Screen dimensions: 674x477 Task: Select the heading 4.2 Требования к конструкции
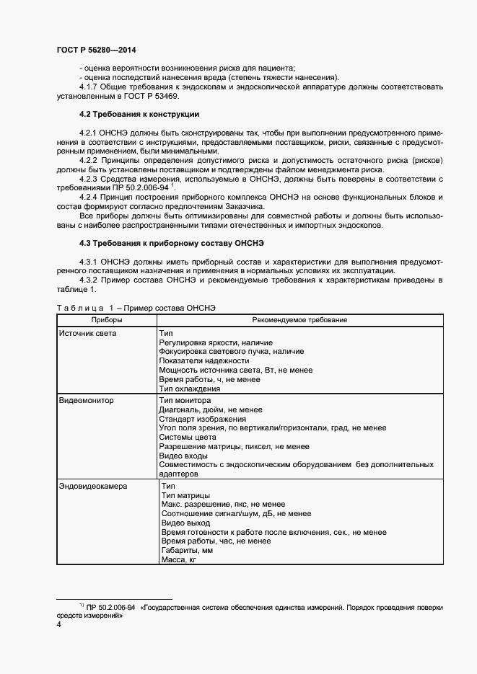tap(139, 115)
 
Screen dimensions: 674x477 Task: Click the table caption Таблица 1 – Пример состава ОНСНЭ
tap(136, 308)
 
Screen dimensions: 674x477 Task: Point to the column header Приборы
tap(107, 319)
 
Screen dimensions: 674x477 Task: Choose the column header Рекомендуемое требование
tap(299, 319)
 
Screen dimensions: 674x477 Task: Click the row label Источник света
tap(87, 334)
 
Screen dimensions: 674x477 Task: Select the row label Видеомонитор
tap(86, 400)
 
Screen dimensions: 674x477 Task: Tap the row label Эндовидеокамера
tap(92, 487)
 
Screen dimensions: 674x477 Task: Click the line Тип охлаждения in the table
tap(189, 389)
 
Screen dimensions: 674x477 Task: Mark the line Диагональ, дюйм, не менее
tap(208, 409)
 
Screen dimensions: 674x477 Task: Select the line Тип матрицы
tap(185, 496)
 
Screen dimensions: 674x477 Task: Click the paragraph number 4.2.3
tap(90, 178)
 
